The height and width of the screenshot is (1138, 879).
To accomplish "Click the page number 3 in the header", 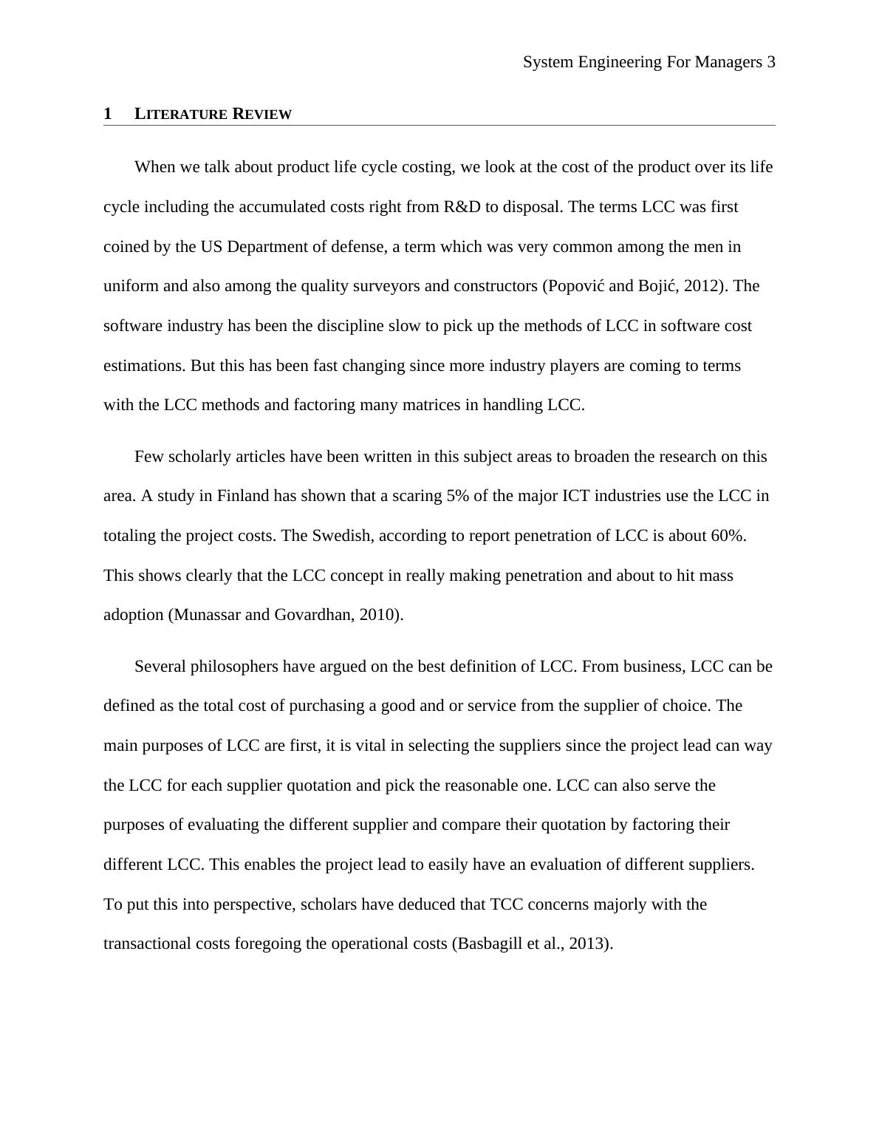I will point(770,62).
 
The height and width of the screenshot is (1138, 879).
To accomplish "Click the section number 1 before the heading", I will point(108,114).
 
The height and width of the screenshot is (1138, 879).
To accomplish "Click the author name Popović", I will point(575,286).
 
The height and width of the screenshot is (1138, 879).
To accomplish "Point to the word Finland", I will point(243,496).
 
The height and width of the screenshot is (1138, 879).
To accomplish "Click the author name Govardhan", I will point(314,615).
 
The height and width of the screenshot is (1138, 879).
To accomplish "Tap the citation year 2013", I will point(589,944).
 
